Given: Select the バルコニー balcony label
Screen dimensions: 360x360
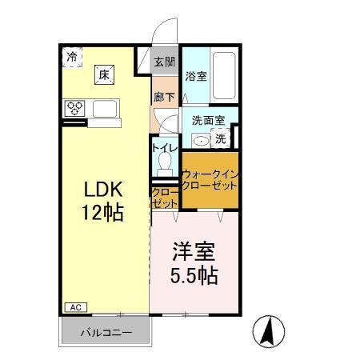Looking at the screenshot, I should tap(104, 331).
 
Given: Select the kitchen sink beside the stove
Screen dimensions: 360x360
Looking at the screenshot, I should tap(106, 108).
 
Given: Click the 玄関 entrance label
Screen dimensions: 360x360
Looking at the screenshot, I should tap(164, 61).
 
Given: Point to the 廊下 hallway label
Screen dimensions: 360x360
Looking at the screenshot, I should tap(164, 96).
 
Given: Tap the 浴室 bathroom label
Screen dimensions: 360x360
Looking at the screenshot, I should tap(196, 77).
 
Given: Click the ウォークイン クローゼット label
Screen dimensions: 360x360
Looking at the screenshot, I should tap(210, 179).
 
